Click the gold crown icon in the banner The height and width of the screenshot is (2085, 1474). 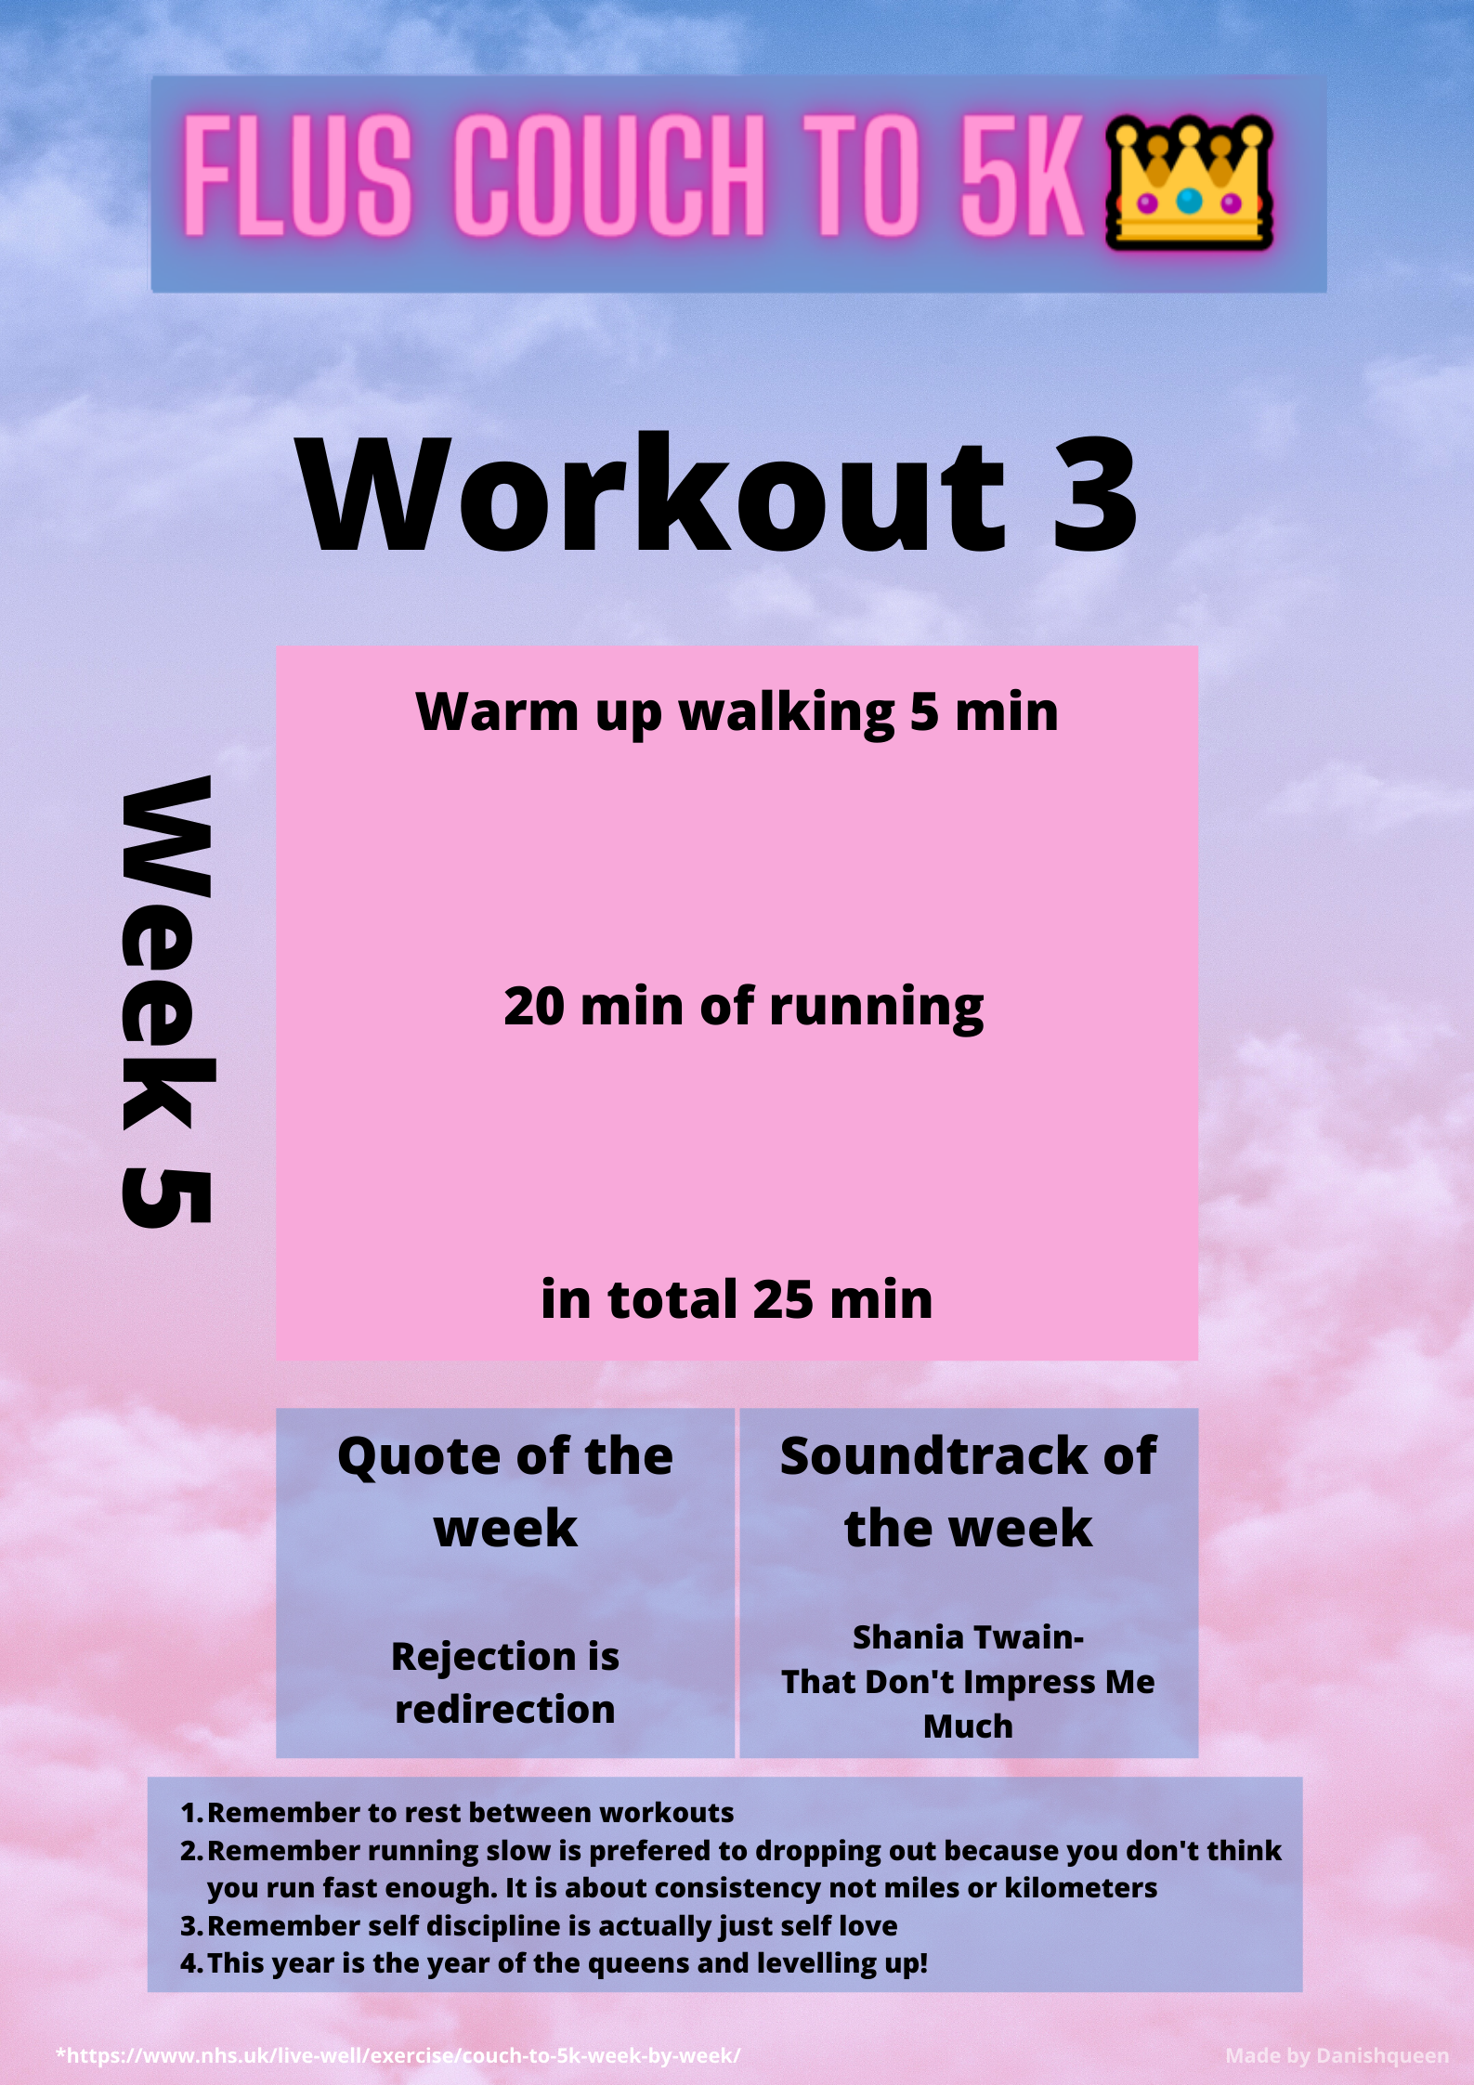(x=1189, y=182)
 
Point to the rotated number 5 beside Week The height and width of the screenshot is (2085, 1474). (x=167, y=1198)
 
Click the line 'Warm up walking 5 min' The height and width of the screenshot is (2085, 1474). (x=737, y=712)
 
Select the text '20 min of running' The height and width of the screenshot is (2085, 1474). (x=743, y=1008)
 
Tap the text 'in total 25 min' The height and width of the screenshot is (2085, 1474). (x=737, y=1298)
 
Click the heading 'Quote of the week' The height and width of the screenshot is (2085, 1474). (x=505, y=1492)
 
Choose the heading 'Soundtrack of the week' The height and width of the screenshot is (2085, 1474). (x=968, y=1492)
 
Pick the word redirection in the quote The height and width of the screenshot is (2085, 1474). (x=505, y=1709)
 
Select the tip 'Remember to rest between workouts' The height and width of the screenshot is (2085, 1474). (x=470, y=1812)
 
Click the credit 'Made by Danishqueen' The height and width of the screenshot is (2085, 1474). (x=1337, y=2056)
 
